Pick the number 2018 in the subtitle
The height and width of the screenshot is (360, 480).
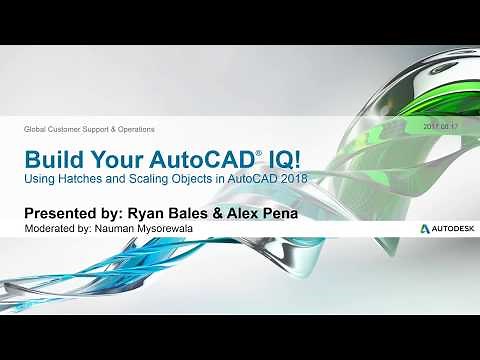coord(294,179)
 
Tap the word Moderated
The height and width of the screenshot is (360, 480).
coord(51,230)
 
